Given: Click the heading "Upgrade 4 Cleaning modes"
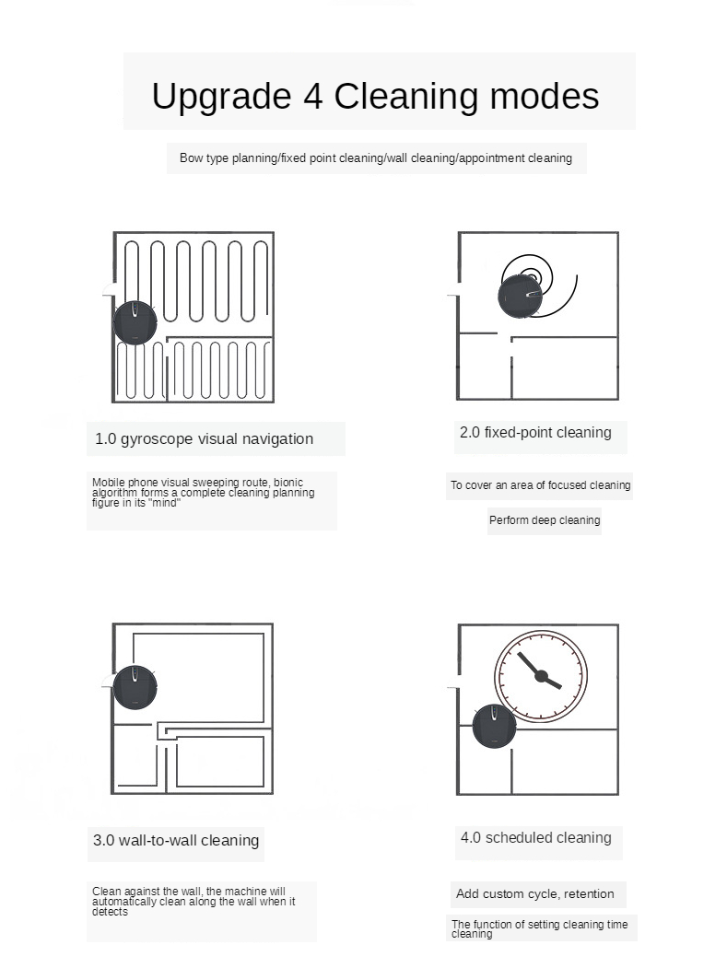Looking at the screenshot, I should click(375, 96).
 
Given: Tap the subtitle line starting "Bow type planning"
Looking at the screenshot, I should click(376, 158).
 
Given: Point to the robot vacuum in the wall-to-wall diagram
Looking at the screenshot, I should click(135, 687).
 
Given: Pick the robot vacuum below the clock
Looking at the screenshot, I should click(494, 726).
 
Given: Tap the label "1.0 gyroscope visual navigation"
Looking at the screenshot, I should click(205, 439).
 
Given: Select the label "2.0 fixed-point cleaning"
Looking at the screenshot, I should click(535, 433).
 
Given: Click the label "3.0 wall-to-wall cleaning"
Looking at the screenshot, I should click(176, 840).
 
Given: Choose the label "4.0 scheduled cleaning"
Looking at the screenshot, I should click(536, 838).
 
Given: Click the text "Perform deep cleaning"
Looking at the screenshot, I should click(545, 520).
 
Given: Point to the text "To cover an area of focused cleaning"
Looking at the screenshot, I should click(540, 485).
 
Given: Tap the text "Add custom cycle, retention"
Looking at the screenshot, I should click(535, 894).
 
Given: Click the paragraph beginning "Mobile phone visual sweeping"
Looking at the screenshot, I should click(203, 493).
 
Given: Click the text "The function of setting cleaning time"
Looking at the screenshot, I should click(539, 926).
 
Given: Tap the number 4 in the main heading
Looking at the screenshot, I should click(311, 96).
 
